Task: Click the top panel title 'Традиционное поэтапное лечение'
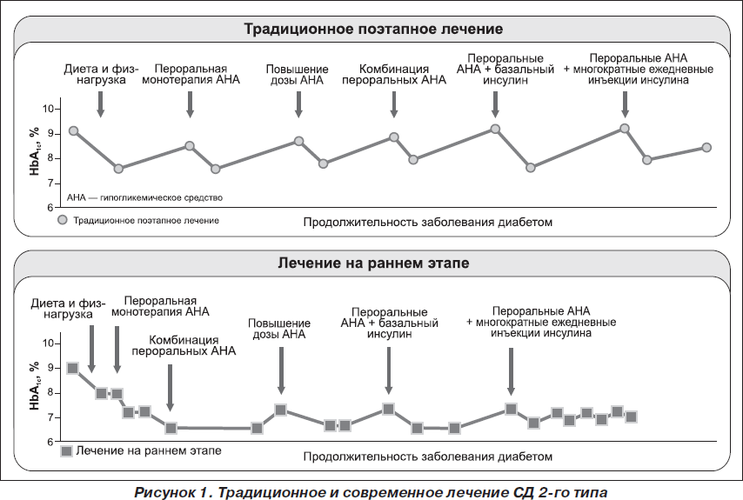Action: click(x=373, y=29)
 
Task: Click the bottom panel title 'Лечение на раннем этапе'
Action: click(x=373, y=263)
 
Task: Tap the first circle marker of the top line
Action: click(x=73, y=130)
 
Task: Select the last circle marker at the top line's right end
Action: click(x=706, y=148)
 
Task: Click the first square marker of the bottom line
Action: click(x=72, y=369)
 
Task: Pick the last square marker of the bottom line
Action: click(x=631, y=417)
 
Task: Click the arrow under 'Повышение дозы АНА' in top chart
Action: click(x=298, y=104)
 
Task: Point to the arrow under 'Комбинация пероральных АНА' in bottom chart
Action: click(x=171, y=388)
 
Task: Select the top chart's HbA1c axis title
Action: click(x=34, y=151)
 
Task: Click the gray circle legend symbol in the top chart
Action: click(x=63, y=220)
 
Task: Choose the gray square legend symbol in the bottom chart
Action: click(x=66, y=450)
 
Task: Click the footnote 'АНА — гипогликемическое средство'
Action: click(x=144, y=197)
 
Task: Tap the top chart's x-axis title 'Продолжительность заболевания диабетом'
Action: click(x=428, y=222)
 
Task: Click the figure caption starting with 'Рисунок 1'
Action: click(x=371, y=492)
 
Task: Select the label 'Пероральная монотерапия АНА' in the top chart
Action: click(x=191, y=74)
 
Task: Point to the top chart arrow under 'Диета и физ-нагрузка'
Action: click(x=100, y=104)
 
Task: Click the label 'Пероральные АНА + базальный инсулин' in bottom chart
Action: click(x=390, y=323)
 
